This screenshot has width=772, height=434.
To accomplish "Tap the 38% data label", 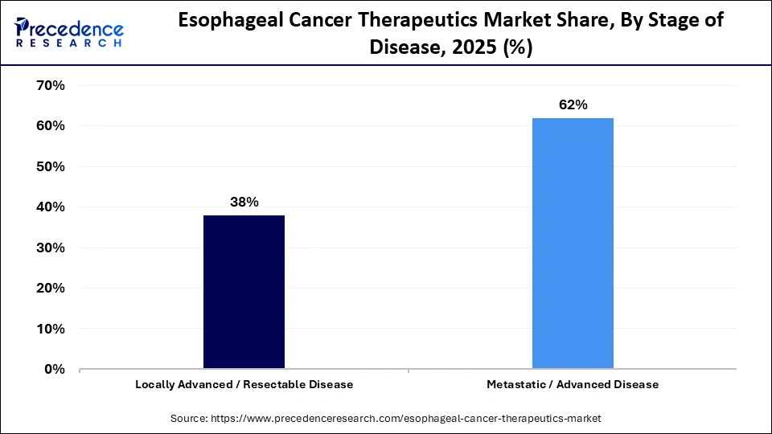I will [x=244, y=203].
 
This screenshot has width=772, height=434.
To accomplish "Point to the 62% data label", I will [x=573, y=105].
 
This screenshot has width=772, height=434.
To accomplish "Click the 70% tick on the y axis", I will [x=50, y=85].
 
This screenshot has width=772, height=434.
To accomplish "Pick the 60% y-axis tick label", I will [x=50, y=126].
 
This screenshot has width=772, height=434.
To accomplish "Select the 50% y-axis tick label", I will [x=50, y=166].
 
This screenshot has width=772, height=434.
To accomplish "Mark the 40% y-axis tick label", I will [x=50, y=207].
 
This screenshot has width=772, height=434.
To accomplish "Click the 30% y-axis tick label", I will [x=50, y=248].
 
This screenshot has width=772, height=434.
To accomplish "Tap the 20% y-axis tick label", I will [x=50, y=288].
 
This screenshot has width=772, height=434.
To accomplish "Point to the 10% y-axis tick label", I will [x=50, y=329].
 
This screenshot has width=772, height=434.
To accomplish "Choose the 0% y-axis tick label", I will [x=54, y=369].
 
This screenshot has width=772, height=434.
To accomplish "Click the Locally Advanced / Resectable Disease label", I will [x=244, y=384].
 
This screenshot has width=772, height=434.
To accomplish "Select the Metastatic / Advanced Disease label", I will [x=573, y=384].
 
